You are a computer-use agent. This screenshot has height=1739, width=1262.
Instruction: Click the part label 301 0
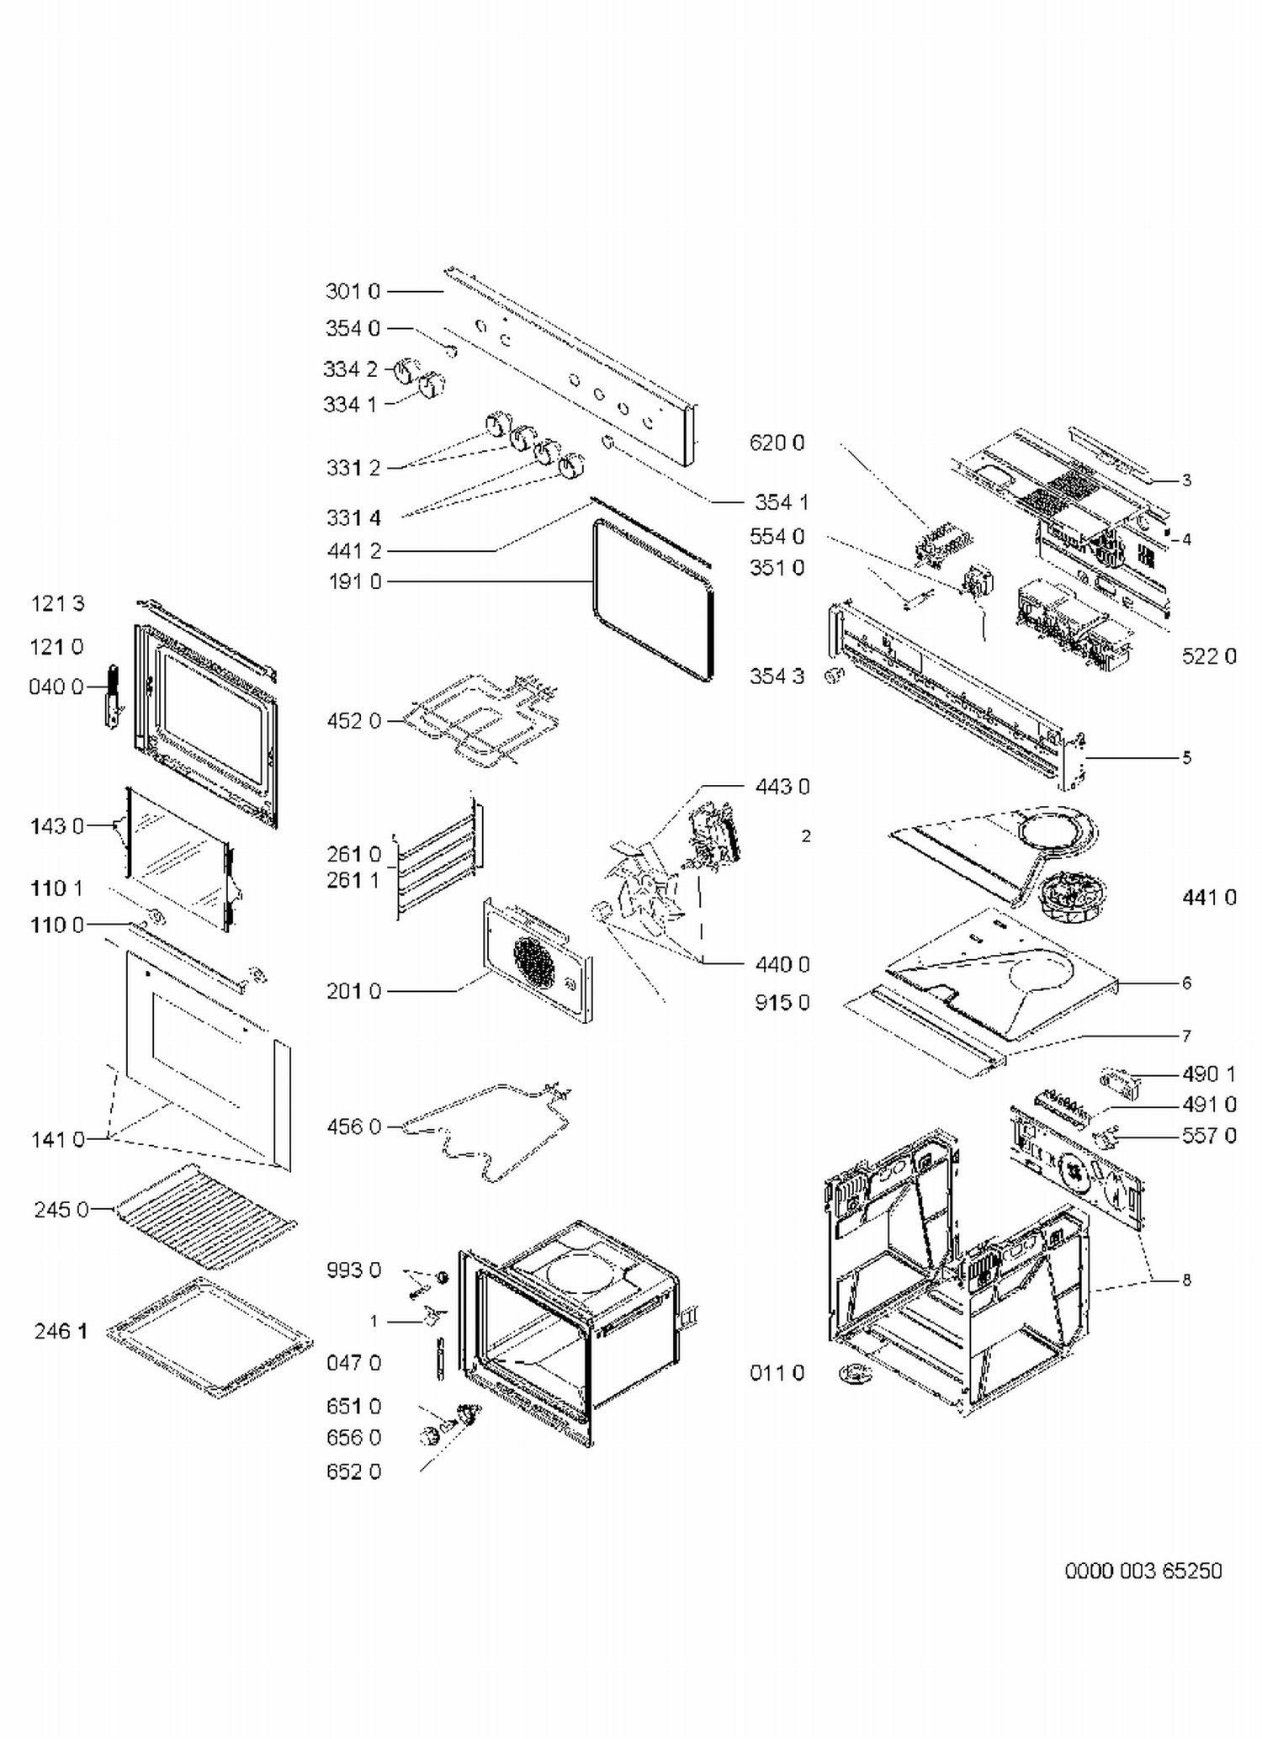[353, 291]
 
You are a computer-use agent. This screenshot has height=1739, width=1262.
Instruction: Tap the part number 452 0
[353, 721]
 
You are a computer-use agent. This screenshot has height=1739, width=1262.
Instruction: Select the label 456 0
[353, 1127]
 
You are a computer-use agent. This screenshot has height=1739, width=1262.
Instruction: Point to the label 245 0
[61, 1210]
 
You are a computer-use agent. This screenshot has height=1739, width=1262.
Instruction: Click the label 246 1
[61, 1331]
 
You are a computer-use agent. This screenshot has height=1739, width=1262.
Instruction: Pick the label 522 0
[1209, 656]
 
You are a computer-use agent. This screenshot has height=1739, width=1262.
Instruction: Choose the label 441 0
[1209, 898]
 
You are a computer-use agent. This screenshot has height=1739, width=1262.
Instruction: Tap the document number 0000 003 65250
[1143, 1571]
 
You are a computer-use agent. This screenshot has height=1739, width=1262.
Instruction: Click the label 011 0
[777, 1373]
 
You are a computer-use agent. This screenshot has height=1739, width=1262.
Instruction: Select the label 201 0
[353, 991]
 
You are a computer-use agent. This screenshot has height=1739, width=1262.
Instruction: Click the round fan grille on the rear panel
[534, 962]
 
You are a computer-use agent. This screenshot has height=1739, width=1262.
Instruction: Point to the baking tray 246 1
[210, 1338]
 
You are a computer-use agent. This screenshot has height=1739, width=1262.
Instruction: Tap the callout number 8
[1186, 1280]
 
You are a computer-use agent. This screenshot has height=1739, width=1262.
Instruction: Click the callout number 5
[1186, 757]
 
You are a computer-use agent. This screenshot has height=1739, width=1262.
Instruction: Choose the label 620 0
[777, 443]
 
